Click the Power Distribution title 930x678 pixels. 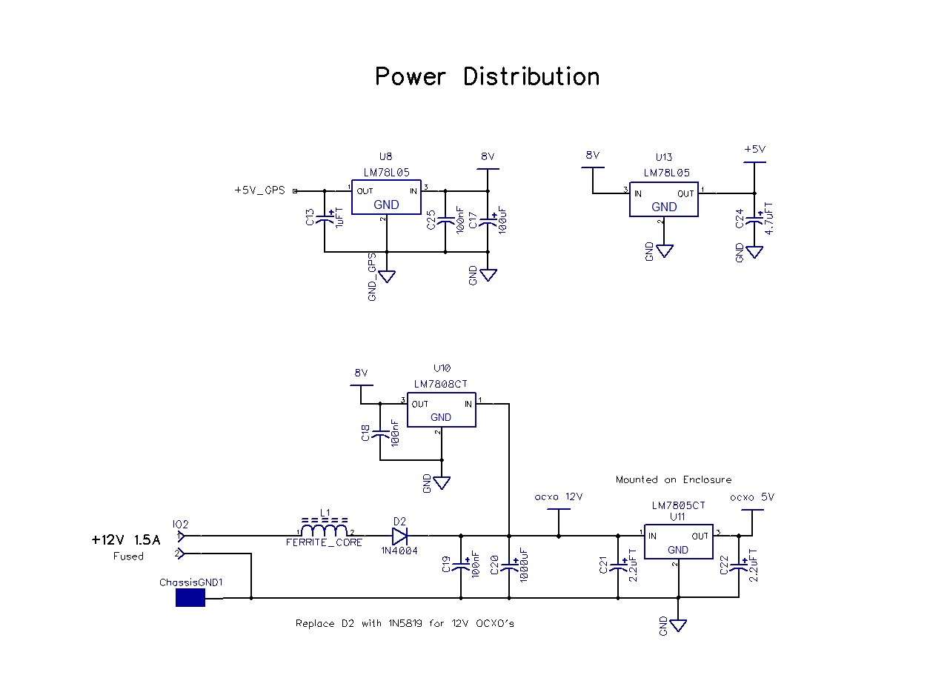pyautogui.click(x=487, y=76)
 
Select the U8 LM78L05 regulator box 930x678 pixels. pyautogui.click(x=385, y=197)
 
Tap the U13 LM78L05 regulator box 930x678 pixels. pyautogui.click(x=663, y=199)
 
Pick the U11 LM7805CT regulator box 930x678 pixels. pyautogui.click(x=677, y=542)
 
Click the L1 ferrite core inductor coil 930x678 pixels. pyautogui.click(x=325, y=531)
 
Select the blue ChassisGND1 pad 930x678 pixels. pyautogui.click(x=190, y=597)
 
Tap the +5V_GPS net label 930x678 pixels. pyautogui.click(x=259, y=190)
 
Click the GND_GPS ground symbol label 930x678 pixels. pyautogui.click(x=373, y=276)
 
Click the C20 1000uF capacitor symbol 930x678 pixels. pyautogui.click(x=509, y=567)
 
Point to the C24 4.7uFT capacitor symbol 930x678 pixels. pyautogui.click(x=754, y=219)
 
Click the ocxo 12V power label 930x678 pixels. pyautogui.click(x=558, y=497)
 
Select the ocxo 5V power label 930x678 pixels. pyautogui.click(x=751, y=497)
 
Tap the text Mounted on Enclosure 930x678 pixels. pyautogui.click(x=673, y=479)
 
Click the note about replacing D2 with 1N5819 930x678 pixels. pyautogui.click(x=405, y=623)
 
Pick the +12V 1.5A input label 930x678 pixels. pyautogui.click(x=126, y=540)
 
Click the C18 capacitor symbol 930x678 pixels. pyautogui.click(x=380, y=435)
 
